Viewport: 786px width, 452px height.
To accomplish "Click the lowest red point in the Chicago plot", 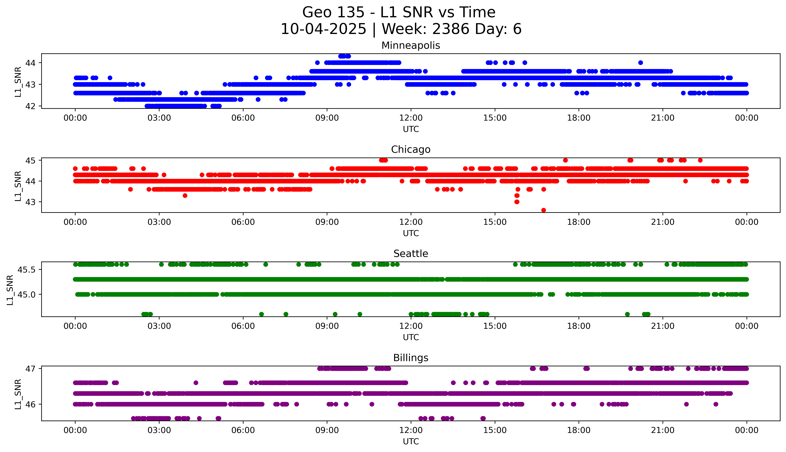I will click(543, 210).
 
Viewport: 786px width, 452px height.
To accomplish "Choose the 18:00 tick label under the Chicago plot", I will click(579, 222).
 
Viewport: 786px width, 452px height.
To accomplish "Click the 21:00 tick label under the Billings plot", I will click(663, 430).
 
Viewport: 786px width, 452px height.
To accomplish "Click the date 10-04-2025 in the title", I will click(323, 29).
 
